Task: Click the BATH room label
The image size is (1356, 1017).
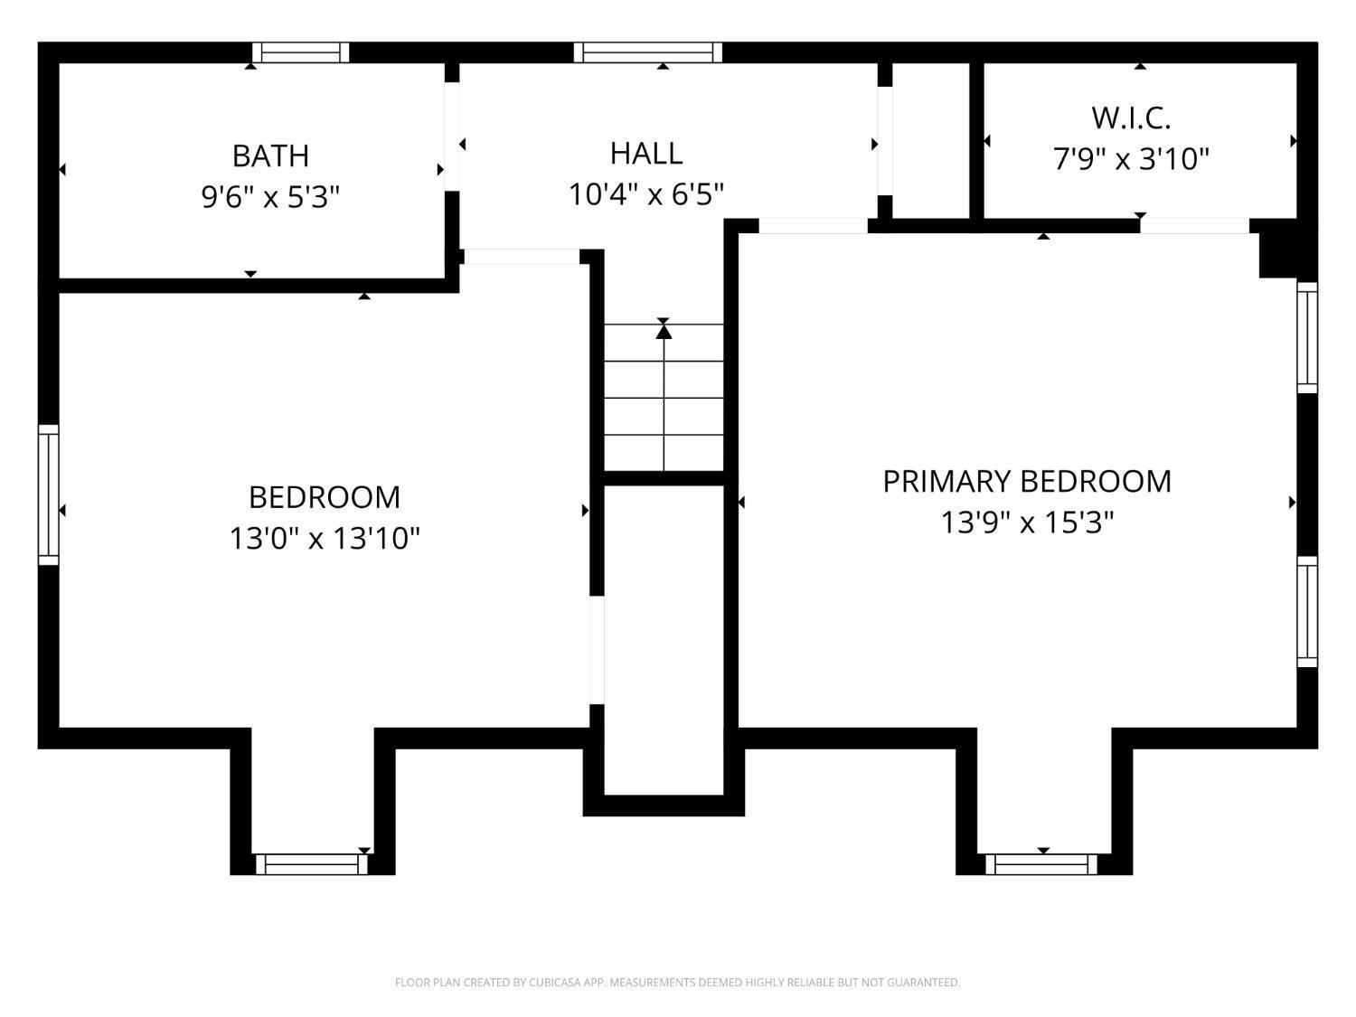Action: pyautogui.click(x=270, y=156)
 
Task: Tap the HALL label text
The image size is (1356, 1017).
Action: pyautogui.click(x=646, y=154)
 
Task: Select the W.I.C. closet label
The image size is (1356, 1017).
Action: pyautogui.click(x=1131, y=118)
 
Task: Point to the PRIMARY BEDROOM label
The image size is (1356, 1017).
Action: pyautogui.click(x=1027, y=482)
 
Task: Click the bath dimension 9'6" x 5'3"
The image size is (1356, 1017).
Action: pyautogui.click(x=270, y=198)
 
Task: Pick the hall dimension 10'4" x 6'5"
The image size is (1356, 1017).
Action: pyautogui.click(x=646, y=194)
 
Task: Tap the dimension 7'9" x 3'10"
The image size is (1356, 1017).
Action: pyautogui.click(x=1131, y=159)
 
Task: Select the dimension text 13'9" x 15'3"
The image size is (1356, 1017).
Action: pyautogui.click(x=1027, y=523)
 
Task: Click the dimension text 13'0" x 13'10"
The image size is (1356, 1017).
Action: pyautogui.click(x=325, y=539)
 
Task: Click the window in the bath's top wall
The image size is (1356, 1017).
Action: pyautogui.click(x=301, y=52)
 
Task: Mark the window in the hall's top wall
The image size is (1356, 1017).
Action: pyautogui.click(x=648, y=52)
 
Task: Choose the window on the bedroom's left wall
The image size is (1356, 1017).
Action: pyautogui.click(x=49, y=494)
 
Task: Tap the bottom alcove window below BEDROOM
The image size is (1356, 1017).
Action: pyautogui.click(x=311, y=864)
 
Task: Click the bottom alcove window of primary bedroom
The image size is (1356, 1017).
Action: pyautogui.click(x=1041, y=864)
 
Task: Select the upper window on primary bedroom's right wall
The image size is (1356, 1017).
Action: pyautogui.click(x=1307, y=338)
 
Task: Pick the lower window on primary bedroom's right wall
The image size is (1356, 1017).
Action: pyautogui.click(x=1307, y=611)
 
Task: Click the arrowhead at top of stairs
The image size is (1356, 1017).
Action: pyautogui.click(x=664, y=332)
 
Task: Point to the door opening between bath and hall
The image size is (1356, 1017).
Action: pyautogui.click(x=452, y=137)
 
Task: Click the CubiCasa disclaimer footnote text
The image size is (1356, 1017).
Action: pyautogui.click(x=678, y=983)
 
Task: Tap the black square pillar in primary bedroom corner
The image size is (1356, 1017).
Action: pyautogui.click(x=1277, y=255)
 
